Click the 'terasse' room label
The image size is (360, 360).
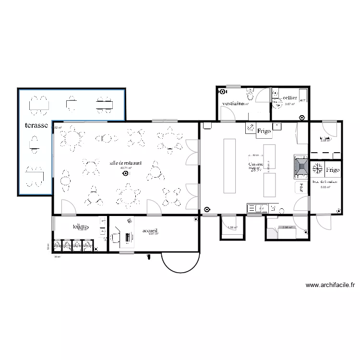36,126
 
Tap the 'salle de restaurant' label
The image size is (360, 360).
125,163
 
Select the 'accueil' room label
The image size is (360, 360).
150,230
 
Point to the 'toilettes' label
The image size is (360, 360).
81,226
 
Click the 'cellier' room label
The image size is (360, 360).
290,98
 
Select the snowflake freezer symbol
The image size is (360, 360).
317,169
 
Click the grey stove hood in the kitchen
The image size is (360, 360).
301,167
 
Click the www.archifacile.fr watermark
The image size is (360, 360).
330,285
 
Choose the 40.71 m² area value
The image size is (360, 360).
126,168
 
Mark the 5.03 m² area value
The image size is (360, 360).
325,188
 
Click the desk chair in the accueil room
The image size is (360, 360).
115,237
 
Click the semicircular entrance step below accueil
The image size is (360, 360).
179,262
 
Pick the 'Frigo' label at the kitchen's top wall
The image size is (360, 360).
264,130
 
